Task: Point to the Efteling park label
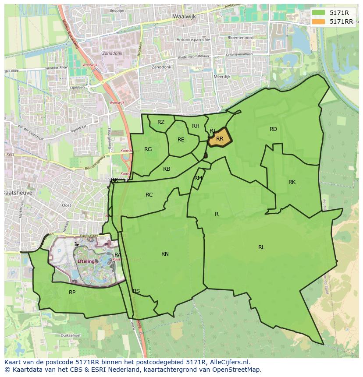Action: coord(86,261)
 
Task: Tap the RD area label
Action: coord(273,129)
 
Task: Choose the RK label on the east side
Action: coord(292,182)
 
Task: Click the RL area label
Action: coord(261,247)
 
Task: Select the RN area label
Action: coord(165,254)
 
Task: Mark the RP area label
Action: coord(72,292)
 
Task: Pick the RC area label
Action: coord(149,195)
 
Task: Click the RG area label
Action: coord(148,149)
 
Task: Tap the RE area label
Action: coord(181,140)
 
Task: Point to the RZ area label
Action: coord(161,122)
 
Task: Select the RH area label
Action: coord(196,126)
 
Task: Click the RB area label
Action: coord(167,169)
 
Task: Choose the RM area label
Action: coord(198,178)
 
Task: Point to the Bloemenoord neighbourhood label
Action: coord(240,38)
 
